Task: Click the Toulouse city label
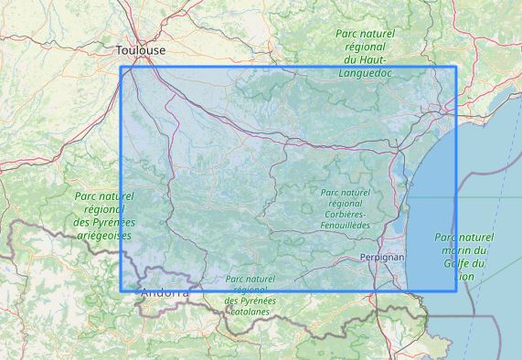click(x=142, y=50)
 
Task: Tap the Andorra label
click(x=165, y=293)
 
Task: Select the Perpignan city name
click(x=382, y=258)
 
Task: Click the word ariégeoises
click(x=102, y=235)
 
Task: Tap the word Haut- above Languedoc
click(x=366, y=58)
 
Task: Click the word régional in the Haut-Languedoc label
click(x=366, y=46)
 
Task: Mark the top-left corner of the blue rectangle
click(x=121, y=67)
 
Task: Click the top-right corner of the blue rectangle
click(x=455, y=67)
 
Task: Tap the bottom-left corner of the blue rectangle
click(x=121, y=291)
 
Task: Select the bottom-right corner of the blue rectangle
click(x=455, y=291)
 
